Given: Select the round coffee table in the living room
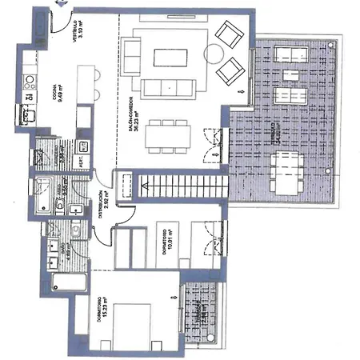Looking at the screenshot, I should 214,54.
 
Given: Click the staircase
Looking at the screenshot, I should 180,190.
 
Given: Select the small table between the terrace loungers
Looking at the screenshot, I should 289,77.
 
